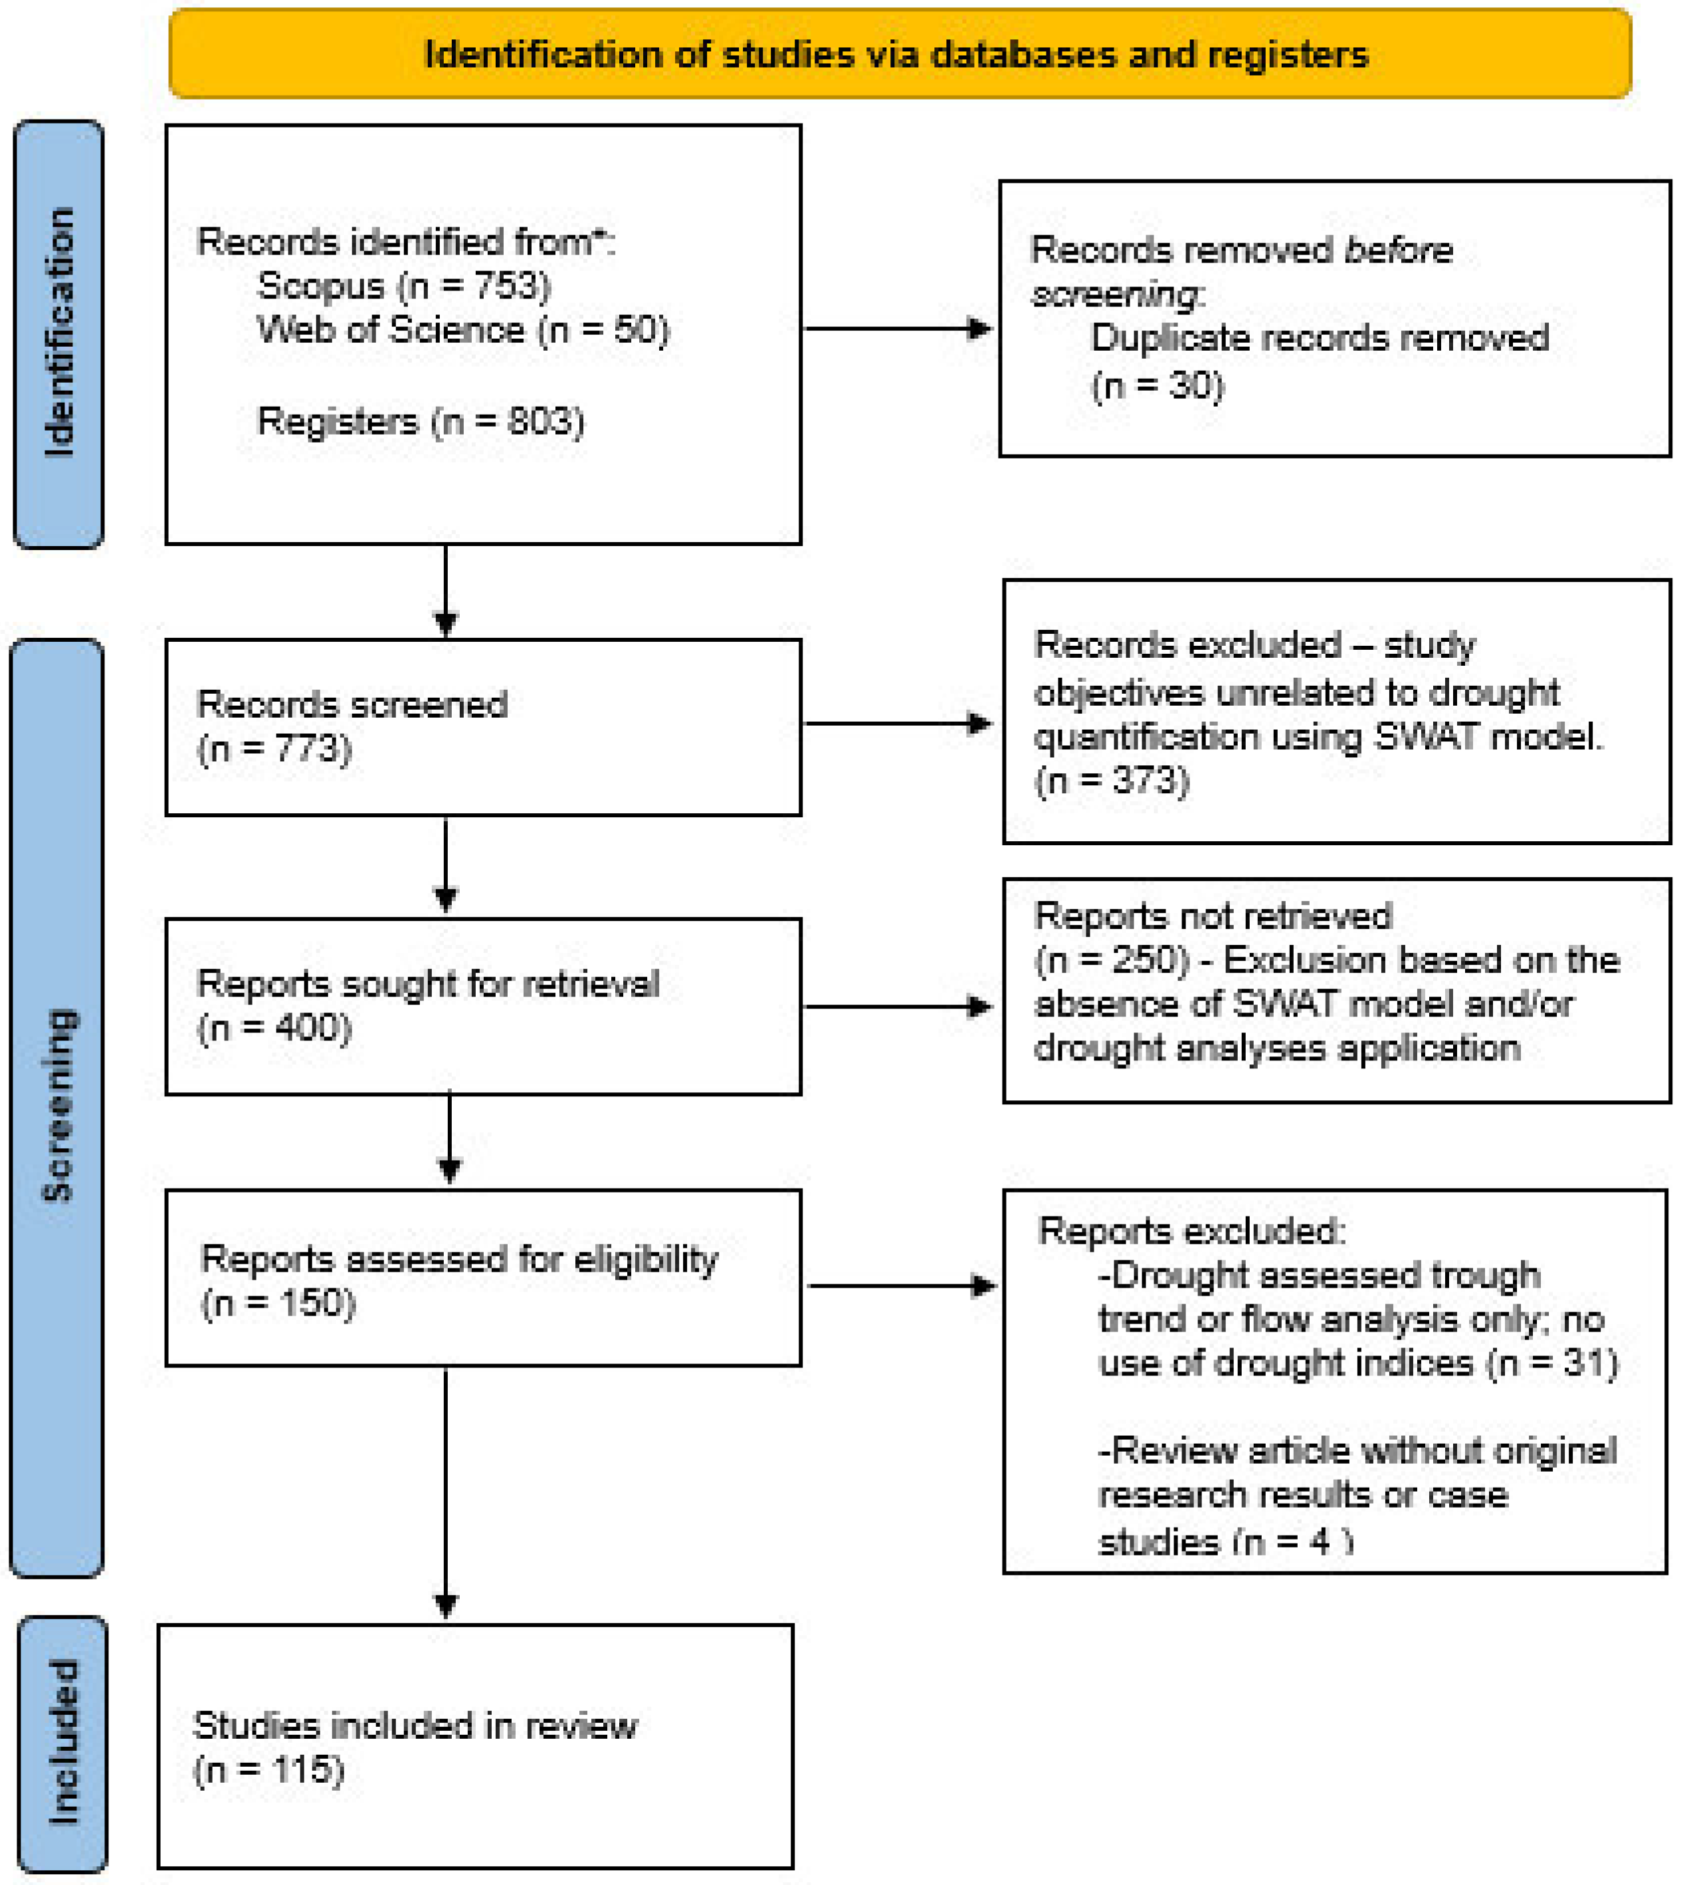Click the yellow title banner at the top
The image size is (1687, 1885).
[x=899, y=54]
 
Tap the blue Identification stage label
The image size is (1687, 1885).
[x=58, y=333]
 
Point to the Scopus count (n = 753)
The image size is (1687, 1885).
[x=474, y=286]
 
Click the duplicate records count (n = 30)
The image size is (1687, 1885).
[x=1157, y=385]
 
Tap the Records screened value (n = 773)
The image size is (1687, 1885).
[x=274, y=749]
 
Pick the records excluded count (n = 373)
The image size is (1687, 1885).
[x=1112, y=780]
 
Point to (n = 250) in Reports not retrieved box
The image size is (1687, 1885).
[x=1112, y=960]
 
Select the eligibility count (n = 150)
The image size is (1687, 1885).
[x=278, y=1303]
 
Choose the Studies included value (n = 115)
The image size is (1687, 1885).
[x=269, y=1769]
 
